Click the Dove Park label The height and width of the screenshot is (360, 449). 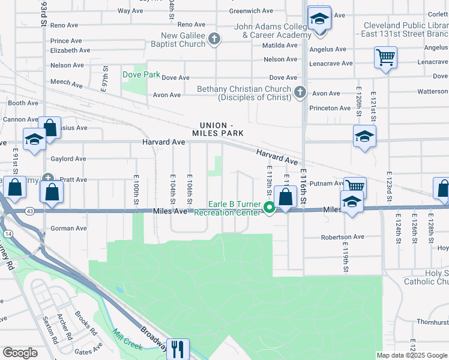[x=141, y=75]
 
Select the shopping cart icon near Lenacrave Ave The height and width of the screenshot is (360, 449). [x=385, y=58]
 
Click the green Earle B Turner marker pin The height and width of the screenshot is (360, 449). [x=270, y=208]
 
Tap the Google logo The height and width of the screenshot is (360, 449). [x=20, y=352]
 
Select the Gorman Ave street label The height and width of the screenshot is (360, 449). [x=69, y=229]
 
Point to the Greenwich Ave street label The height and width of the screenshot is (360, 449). [x=252, y=11]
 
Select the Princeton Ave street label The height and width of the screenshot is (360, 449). [x=330, y=108]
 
